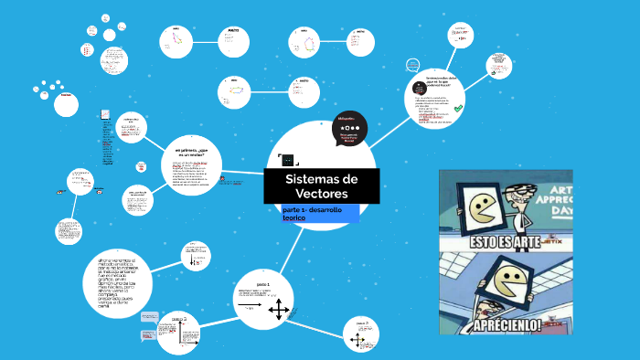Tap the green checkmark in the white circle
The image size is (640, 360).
458,109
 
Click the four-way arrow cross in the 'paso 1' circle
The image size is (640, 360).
279,310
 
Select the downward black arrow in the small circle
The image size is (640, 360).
191,260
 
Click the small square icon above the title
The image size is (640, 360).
289,159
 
